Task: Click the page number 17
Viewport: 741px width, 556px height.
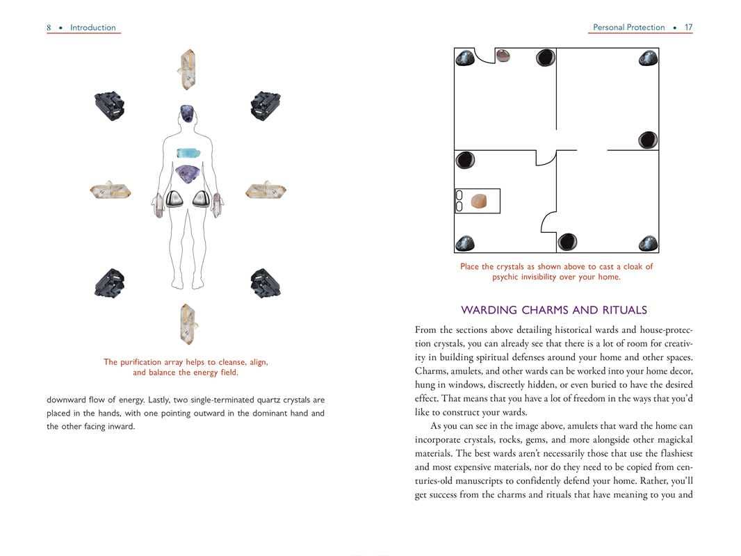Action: (x=688, y=28)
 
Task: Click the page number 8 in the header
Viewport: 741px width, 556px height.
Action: (x=49, y=28)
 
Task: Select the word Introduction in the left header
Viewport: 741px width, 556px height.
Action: (x=93, y=28)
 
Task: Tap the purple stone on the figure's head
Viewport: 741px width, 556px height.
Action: (x=187, y=113)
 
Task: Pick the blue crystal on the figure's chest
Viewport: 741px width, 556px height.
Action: (x=187, y=153)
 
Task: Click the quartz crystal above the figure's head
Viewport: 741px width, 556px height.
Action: (x=187, y=69)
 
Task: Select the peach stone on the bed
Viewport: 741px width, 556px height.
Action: (x=479, y=202)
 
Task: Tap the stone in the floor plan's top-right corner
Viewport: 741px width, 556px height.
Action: (x=647, y=58)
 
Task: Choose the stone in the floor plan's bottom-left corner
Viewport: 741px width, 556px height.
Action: (x=465, y=243)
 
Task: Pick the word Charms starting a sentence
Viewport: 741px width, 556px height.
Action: (x=432, y=371)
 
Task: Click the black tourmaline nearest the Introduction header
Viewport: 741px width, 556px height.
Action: (x=109, y=106)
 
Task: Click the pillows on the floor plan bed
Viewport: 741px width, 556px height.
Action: (x=459, y=201)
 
